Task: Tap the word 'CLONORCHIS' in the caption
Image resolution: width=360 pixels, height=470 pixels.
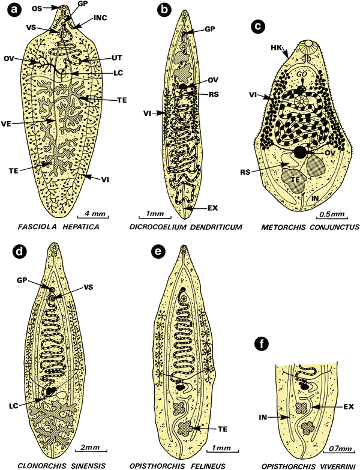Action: click(x=39, y=465)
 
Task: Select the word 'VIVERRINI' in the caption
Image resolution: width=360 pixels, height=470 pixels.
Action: click(x=323, y=465)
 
